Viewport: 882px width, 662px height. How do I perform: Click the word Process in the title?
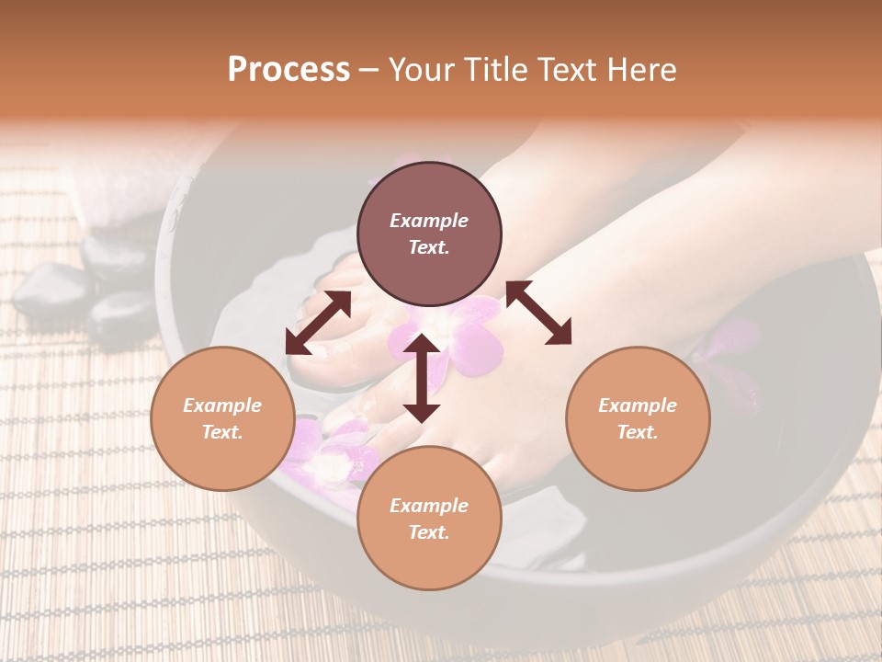288,70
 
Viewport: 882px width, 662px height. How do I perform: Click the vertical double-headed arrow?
422,378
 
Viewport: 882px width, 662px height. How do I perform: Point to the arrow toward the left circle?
318,323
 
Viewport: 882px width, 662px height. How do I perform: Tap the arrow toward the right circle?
538,314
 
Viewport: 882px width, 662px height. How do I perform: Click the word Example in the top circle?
429,221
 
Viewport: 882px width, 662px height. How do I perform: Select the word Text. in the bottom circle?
429,532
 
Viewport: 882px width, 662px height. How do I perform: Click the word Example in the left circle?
222,405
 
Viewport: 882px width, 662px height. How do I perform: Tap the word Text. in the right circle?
638,432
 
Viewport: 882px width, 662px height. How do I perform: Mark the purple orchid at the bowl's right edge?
735,359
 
